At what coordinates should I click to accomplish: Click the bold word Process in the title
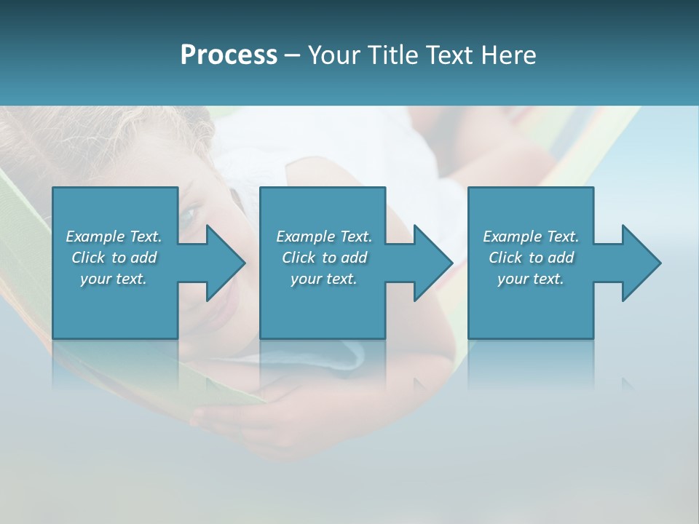(229, 55)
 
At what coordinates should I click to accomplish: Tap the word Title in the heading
(392, 55)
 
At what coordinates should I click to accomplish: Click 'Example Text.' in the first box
(114, 237)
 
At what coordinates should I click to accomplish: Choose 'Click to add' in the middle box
(324, 258)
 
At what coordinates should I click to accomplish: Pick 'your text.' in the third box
(531, 279)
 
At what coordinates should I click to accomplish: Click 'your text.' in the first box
(114, 279)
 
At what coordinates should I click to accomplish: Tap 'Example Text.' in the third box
(531, 237)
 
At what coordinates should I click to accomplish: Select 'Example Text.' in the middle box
(324, 237)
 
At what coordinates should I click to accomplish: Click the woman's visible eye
(189, 214)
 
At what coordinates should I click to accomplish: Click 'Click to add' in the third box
(531, 258)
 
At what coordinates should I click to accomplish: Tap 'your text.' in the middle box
(324, 279)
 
